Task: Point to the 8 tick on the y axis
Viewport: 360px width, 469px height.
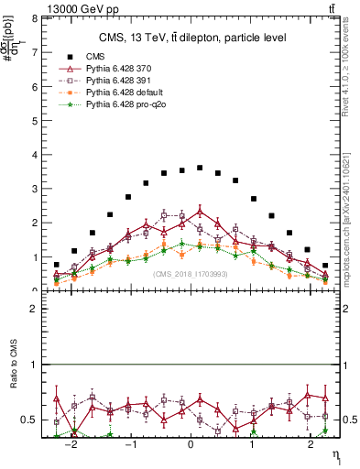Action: pyautogui.click(x=37, y=18)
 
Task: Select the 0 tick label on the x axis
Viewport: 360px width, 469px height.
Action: pyautogui.click(x=191, y=444)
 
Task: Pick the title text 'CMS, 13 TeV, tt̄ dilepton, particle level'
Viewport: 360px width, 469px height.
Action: pyautogui.click(x=192, y=38)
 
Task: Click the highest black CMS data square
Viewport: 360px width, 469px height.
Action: pyautogui.click(x=200, y=168)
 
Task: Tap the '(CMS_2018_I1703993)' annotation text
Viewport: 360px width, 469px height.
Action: pyautogui.click(x=191, y=273)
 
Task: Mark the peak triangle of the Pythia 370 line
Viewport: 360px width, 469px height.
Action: pyautogui.click(x=200, y=212)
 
